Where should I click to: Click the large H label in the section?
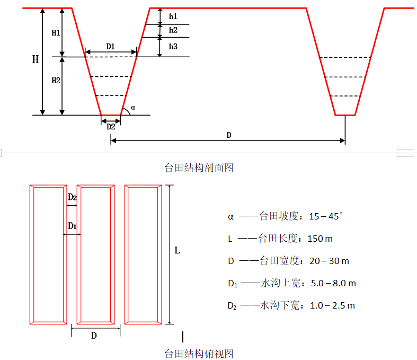pyautogui.click(x=36, y=59)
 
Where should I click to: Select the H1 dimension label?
pyautogui.click(x=56, y=33)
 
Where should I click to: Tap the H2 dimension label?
pyautogui.click(x=56, y=81)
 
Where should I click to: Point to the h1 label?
pyautogui.click(x=173, y=17)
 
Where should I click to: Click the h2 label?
pyautogui.click(x=173, y=30)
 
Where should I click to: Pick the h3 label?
pyautogui.click(x=173, y=47)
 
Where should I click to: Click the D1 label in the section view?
pyautogui.click(x=111, y=47)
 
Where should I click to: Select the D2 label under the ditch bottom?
pyautogui.click(x=111, y=127)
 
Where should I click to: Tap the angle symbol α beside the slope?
pyautogui.click(x=132, y=108)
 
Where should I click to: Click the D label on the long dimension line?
pyautogui.click(x=228, y=135)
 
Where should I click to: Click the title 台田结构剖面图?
pyautogui.click(x=199, y=168)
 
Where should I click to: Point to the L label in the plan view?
pyautogui.click(x=178, y=250)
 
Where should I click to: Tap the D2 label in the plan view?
pyautogui.click(x=73, y=197)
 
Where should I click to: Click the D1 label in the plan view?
pyautogui.click(x=73, y=226)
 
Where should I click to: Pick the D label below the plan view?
pyautogui.click(x=94, y=336)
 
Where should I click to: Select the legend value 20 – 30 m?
pyautogui.click(x=329, y=261)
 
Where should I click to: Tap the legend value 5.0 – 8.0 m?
pyautogui.click(x=333, y=283)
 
